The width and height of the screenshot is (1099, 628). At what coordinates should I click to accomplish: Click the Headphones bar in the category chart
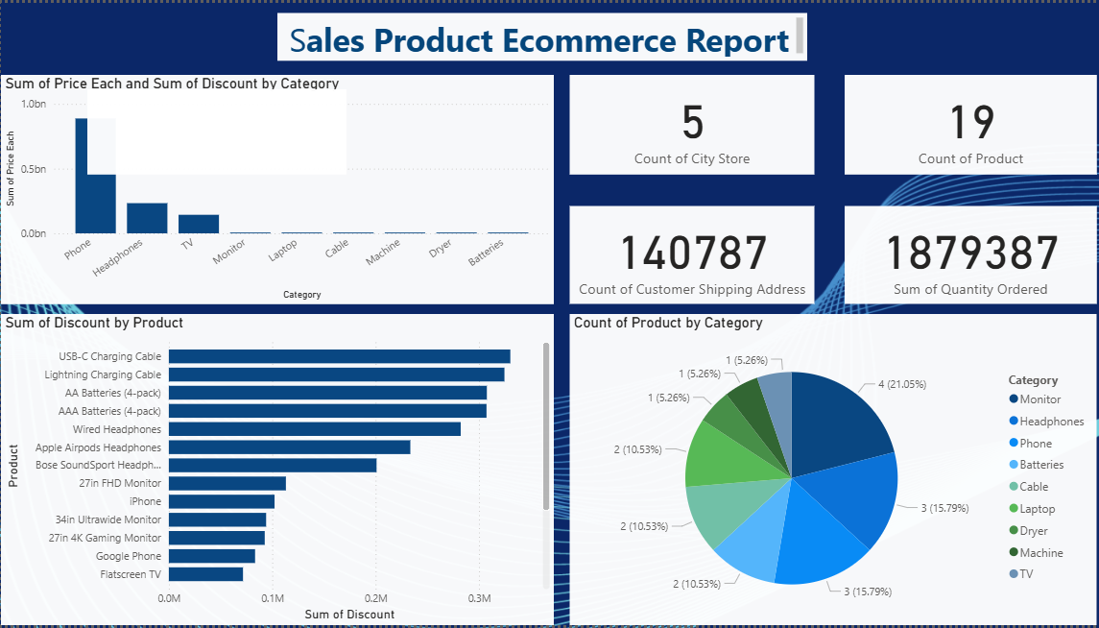tap(147, 218)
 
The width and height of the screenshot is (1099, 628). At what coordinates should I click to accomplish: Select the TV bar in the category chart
tap(199, 224)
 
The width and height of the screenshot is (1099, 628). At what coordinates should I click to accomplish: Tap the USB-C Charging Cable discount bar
tap(340, 356)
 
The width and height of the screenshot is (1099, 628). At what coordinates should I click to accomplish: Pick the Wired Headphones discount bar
tap(315, 429)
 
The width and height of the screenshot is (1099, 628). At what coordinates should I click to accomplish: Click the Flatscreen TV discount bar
tap(205, 574)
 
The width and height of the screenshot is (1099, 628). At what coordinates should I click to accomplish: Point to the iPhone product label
tap(146, 501)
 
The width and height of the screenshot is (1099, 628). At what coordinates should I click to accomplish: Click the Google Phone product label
tap(129, 556)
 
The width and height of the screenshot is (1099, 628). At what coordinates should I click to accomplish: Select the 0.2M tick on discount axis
tap(375, 598)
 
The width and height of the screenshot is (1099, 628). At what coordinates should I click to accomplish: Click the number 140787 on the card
tap(693, 254)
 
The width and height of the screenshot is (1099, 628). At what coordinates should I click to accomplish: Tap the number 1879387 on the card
tap(970, 254)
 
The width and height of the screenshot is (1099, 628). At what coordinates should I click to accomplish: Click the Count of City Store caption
tap(692, 158)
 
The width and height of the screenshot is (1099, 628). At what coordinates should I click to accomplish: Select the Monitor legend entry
tap(1040, 399)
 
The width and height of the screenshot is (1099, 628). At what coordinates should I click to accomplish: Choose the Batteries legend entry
tap(1041, 465)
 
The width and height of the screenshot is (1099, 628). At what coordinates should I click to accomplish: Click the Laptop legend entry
tap(1037, 509)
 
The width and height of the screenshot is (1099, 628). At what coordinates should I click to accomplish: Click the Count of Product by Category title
tap(668, 323)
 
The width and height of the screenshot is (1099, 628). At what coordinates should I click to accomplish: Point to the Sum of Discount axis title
tap(348, 615)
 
